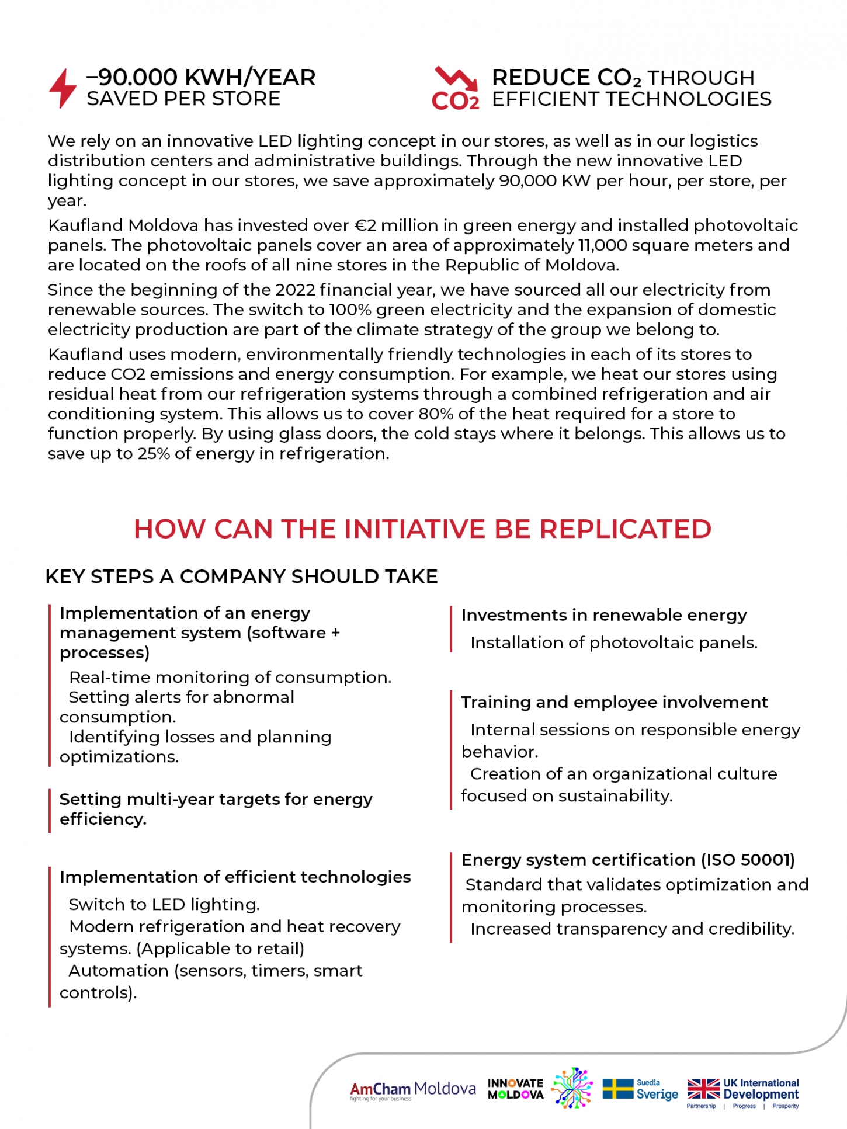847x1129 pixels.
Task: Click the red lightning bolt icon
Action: coord(63,88)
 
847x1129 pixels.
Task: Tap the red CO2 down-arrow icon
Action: coord(456,88)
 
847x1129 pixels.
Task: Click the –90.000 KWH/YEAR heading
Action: coord(201,77)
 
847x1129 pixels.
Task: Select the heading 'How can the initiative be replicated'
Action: coord(422,529)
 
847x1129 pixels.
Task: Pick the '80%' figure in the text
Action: coord(433,414)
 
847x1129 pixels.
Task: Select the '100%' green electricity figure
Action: coord(349,310)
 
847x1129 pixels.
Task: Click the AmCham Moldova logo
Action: coord(412,1090)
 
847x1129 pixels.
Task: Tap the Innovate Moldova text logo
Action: coord(515,1089)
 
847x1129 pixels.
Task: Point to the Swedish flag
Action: coord(617,1089)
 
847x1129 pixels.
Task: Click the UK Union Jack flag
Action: coord(703,1089)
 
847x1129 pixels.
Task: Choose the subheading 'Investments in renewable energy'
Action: coord(603,615)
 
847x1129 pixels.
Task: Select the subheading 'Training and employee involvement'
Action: coord(614,702)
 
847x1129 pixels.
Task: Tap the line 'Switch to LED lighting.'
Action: coord(164,905)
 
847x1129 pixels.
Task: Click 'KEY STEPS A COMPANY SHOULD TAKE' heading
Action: coord(241,576)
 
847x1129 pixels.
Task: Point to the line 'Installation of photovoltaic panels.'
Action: coord(613,643)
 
